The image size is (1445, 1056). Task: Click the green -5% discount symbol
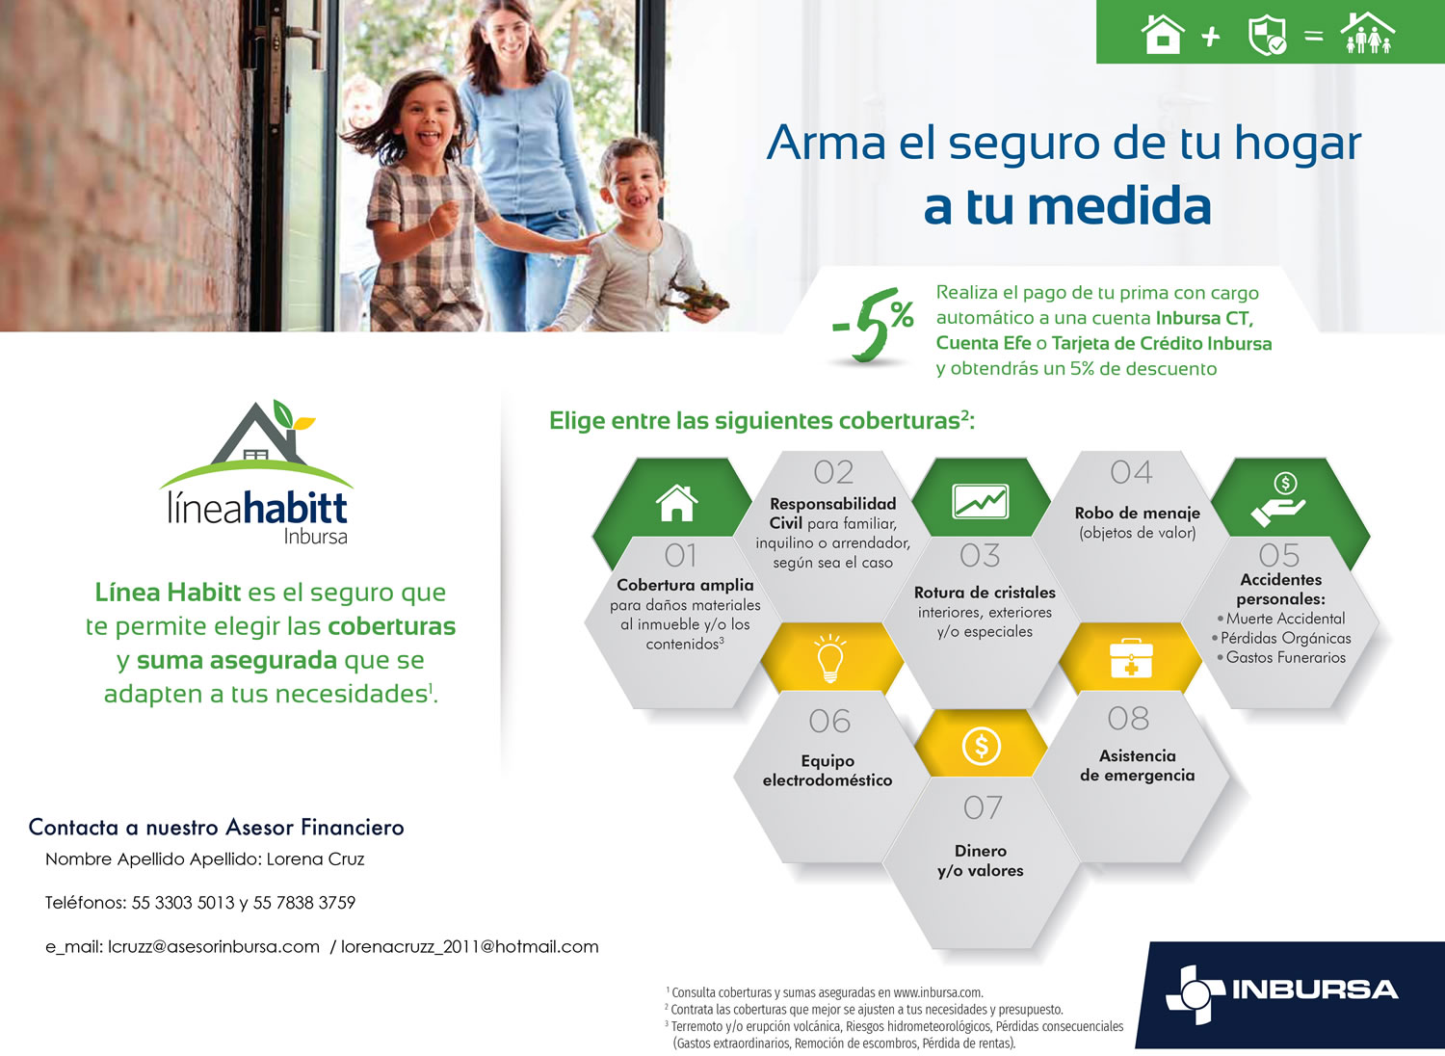(x=873, y=325)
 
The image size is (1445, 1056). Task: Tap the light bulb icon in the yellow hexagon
(x=829, y=658)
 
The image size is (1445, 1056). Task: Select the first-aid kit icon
(x=1131, y=659)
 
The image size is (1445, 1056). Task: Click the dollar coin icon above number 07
(x=982, y=746)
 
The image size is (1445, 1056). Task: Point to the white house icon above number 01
(x=676, y=503)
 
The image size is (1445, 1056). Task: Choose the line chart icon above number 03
(x=980, y=501)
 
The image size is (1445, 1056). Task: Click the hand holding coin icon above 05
(x=1279, y=500)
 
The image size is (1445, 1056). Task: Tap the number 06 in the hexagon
(x=829, y=722)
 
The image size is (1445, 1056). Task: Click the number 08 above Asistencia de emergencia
(x=1128, y=719)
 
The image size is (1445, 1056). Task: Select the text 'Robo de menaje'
(x=1138, y=513)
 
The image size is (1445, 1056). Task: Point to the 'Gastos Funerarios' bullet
(x=1280, y=657)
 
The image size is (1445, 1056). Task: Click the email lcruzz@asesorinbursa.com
(x=214, y=946)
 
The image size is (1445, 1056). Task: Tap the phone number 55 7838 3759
(x=303, y=902)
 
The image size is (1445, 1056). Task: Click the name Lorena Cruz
(x=315, y=858)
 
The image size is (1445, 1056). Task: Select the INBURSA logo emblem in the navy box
(x=1195, y=993)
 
